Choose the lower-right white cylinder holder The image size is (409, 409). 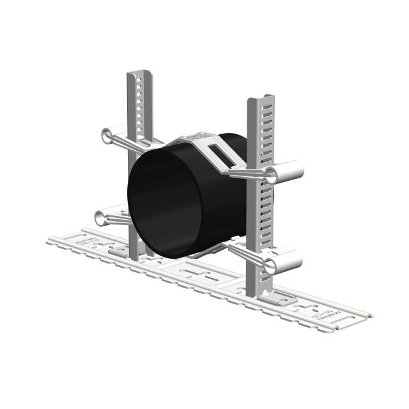coord(285,261)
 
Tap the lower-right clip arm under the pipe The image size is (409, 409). coord(246,254)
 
